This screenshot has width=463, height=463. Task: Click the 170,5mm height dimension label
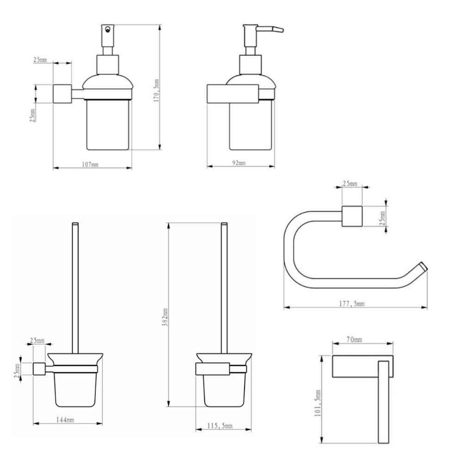click(x=156, y=90)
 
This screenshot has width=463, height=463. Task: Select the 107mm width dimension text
click(x=90, y=164)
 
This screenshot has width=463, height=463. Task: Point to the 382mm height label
click(x=165, y=317)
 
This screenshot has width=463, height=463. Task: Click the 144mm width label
click(x=65, y=419)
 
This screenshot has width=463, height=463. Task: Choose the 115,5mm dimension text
click(x=219, y=426)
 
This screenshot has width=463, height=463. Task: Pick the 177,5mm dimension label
click(x=351, y=304)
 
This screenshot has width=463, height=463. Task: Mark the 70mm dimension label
click(x=354, y=340)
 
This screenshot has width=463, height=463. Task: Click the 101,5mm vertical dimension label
click(x=318, y=403)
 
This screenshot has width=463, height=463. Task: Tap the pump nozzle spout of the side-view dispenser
click(x=270, y=29)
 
